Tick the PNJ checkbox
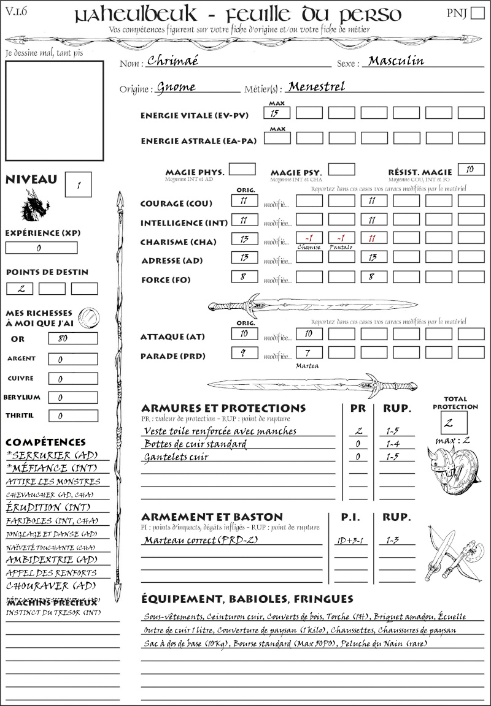click(477, 14)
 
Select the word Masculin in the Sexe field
click(396, 61)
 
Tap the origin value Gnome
click(176, 87)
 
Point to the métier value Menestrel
click(316, 86)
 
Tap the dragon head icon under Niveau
click(35, 206)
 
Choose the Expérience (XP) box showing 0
click(41, 248)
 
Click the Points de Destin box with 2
click(20, 289)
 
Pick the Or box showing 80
click(72, 338)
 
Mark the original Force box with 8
click(244, 277)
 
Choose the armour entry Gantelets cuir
click(176, 457)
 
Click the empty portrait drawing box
click(54, 110)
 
